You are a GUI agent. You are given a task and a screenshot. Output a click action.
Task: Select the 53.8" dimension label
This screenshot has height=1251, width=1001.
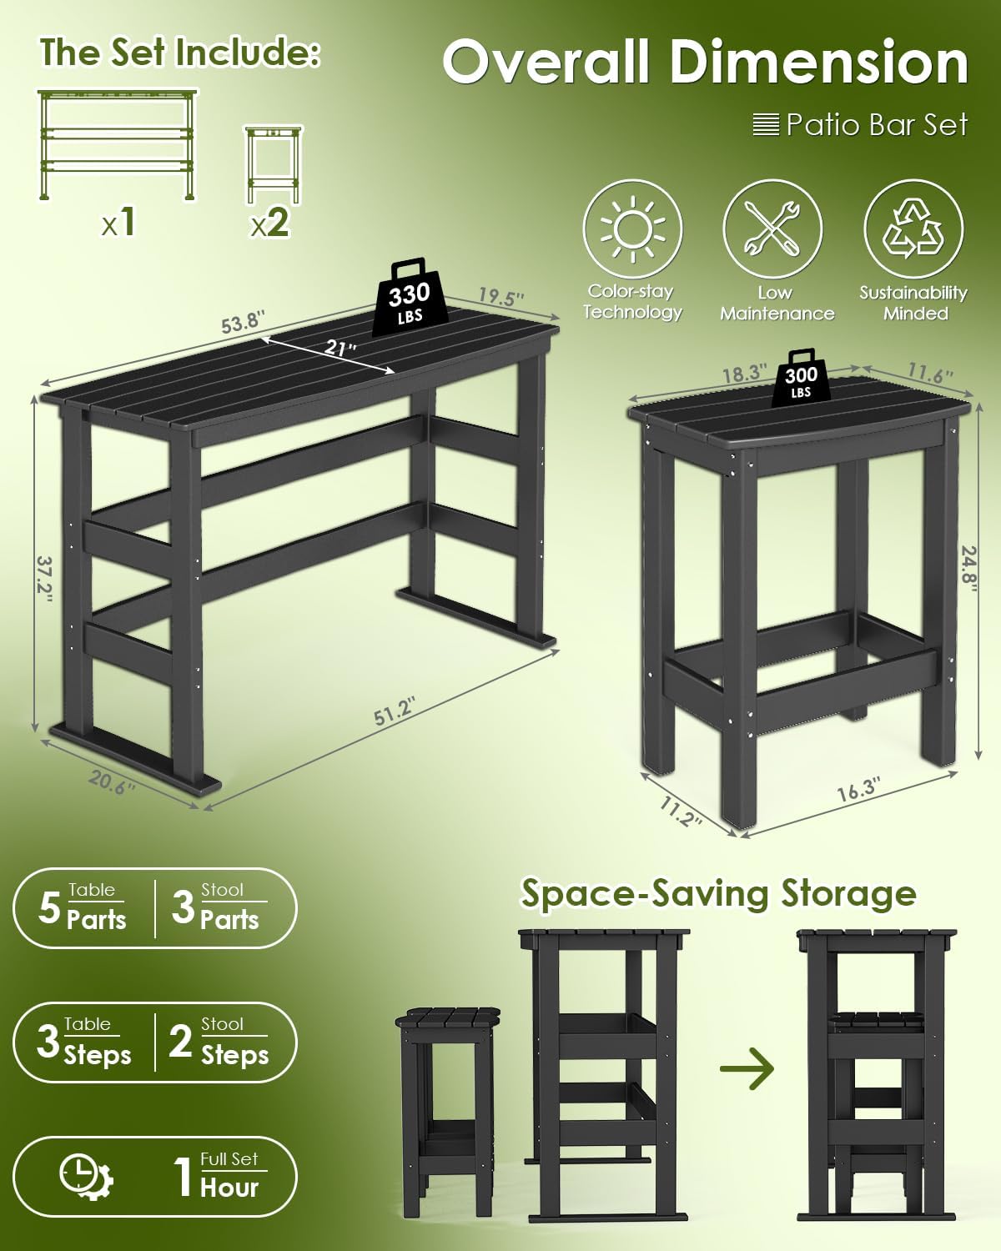coord(242,322)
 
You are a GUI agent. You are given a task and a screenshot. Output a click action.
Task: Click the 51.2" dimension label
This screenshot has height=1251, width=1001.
coord(394,711)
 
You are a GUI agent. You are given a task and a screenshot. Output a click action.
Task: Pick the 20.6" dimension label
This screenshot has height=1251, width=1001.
coord(112,782)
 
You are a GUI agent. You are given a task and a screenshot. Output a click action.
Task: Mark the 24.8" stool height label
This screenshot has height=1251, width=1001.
coord(968,567)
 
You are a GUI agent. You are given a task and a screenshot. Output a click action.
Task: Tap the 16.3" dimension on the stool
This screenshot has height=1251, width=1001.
coord(858,788)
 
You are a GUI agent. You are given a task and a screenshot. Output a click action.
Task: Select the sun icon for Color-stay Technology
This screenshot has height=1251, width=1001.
coord(632,229)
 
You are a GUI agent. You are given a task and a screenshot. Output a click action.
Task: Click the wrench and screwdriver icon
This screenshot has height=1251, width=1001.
coord(772,229)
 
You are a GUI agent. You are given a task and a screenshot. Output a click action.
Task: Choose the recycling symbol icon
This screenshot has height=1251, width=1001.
coord(913,229)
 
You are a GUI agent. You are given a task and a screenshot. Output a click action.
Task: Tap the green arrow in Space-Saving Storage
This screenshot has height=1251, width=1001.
coord(747,1069)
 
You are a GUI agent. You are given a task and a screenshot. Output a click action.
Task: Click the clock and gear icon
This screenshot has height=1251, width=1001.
coord(86,1176)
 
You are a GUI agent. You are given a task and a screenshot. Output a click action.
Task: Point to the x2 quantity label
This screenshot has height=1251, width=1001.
coord(269,223)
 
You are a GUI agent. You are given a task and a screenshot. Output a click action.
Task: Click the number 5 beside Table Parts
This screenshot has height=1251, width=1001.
coord(49,908)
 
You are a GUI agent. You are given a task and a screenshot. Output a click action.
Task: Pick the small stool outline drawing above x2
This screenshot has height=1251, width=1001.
coord(273,164)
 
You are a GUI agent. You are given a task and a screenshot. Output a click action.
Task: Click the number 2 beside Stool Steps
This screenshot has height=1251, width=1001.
coord(181,1042)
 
